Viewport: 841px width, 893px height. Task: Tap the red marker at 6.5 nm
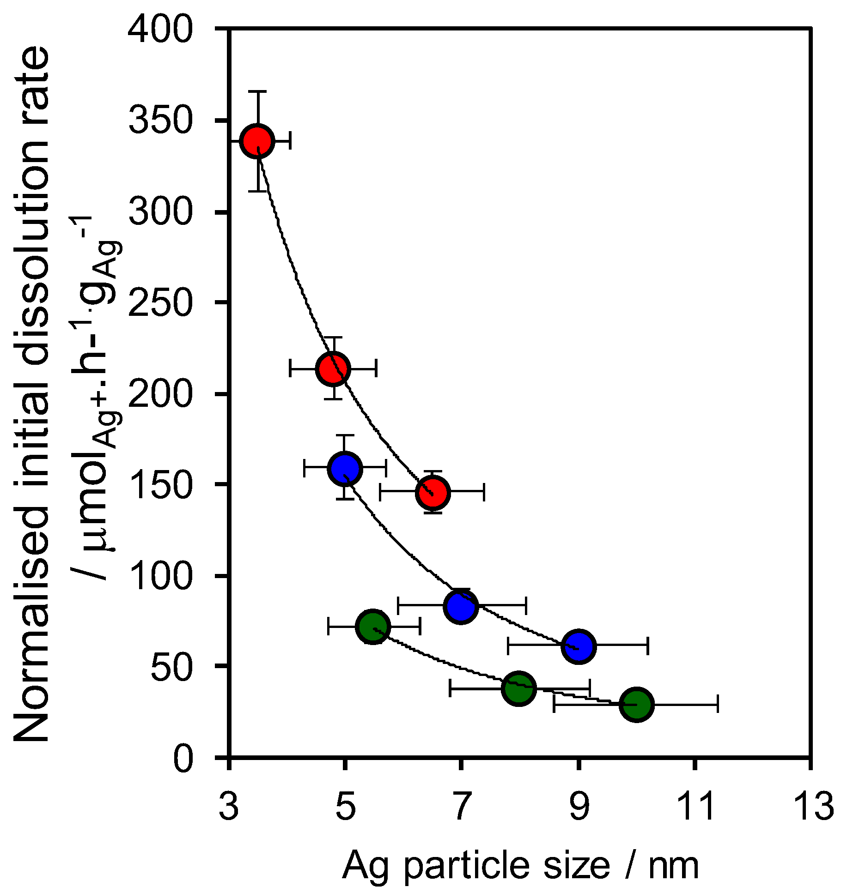click(433, 493)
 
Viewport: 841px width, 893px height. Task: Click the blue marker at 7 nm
click(461, 606)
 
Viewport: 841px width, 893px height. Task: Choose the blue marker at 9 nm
click(579, 647)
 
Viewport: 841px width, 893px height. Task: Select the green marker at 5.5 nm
click(373, 627)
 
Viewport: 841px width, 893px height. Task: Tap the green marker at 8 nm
click(519, 688)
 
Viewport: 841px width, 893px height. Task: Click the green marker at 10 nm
click(637, 704)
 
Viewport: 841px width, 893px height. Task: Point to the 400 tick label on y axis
click(160, 30)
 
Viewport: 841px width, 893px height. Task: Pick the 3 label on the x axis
click(229, 806)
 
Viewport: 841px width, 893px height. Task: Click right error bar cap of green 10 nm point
click(718, 704)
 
